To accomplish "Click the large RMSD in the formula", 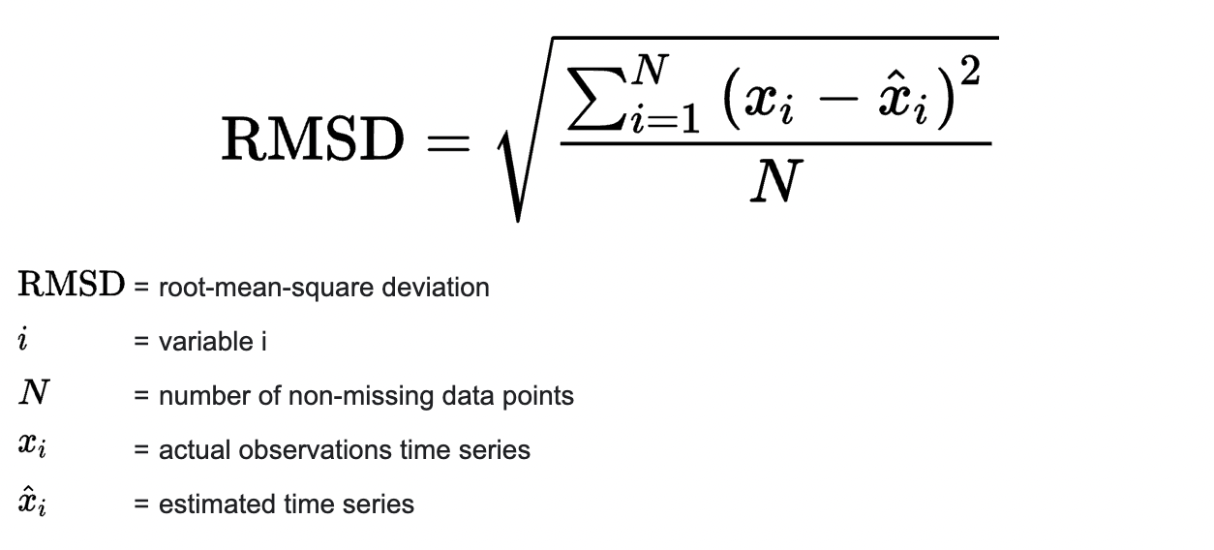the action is click(x=313, y=138).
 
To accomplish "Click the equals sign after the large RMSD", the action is click(x=448, y=143).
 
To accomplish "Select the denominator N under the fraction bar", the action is click(x=776, y=181).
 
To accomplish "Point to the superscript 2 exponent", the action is click(x=970, y=71).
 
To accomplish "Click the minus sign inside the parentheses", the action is click(x=838, y=99).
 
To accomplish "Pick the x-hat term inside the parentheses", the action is click(x=903, y=100).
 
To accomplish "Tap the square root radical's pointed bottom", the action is click(x=518, y=221).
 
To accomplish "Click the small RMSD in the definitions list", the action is click(x=72, y=284).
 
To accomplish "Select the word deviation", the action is click(x=436, y=288).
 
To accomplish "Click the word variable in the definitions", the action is click(x=206, y=342).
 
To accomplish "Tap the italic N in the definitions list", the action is click(x=34, y=392).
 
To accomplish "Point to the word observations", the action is click(x=315, y=449).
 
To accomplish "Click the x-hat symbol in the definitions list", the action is click(x=32, y=501).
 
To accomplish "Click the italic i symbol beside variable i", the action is click(x=23, y=339).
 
